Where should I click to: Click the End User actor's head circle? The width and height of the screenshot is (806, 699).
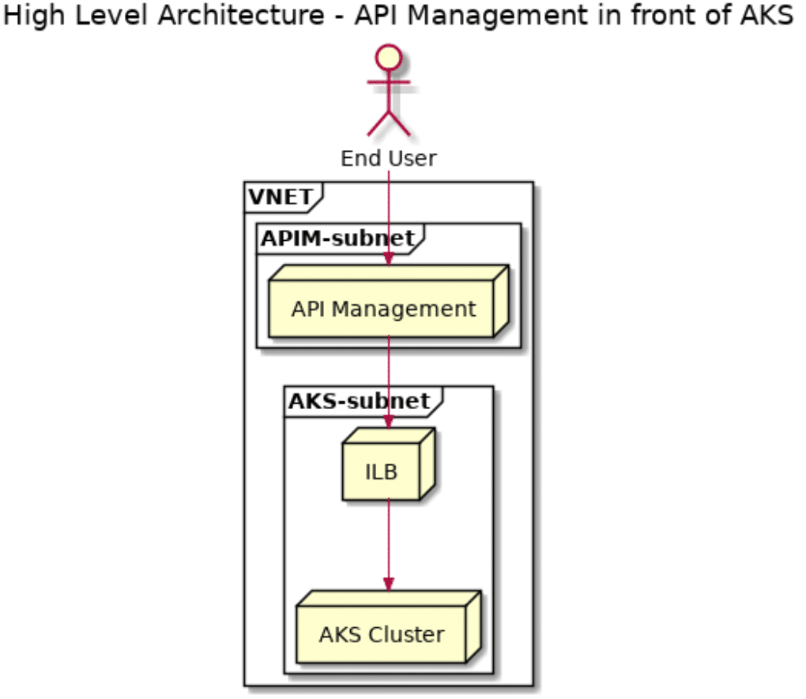[x=388, y=60]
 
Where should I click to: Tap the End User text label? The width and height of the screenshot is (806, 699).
[x=388, y=159]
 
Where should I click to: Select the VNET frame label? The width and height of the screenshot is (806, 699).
[x=279, y=197]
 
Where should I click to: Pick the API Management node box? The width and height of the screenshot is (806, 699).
[x=383, y=309]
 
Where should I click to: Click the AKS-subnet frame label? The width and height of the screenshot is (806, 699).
[x=358, y=401]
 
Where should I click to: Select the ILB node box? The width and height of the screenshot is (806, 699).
[x=382, y=472]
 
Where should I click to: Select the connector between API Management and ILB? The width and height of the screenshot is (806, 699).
[x=388, y=375]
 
